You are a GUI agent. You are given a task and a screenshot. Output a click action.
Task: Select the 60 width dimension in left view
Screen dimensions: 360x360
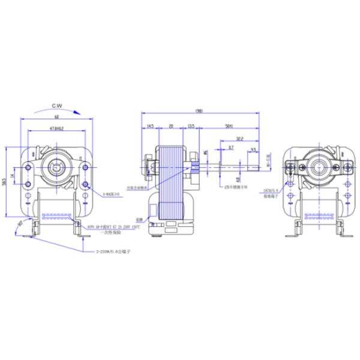[x=56, y=118]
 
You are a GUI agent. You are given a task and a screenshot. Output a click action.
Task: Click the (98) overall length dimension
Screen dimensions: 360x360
[x=199, y=111]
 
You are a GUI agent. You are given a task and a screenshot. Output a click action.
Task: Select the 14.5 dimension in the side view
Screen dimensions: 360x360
[x=149, y=126]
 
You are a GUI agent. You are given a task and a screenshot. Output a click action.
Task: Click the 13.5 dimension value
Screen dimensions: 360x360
[x=191, y=126]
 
